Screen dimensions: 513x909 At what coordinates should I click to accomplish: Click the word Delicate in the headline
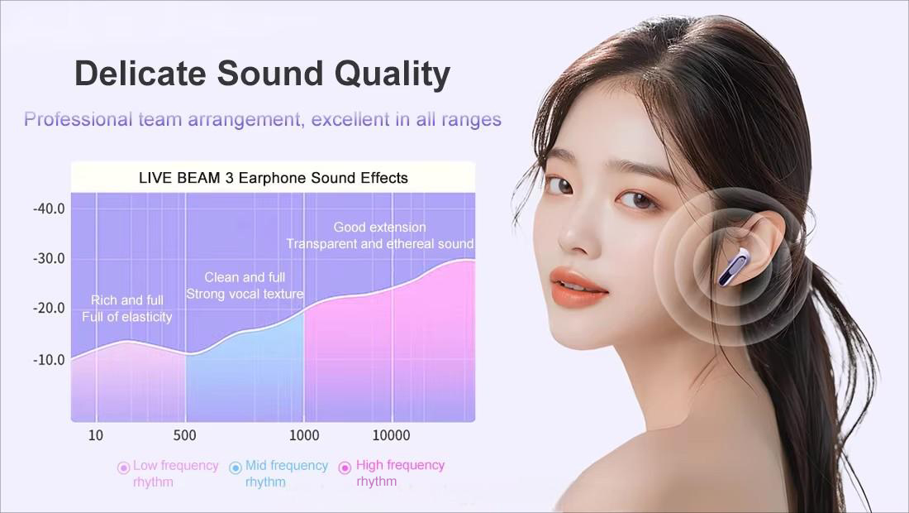(x=140, y=74)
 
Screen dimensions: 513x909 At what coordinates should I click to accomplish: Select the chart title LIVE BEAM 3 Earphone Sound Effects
(x=272, y=178)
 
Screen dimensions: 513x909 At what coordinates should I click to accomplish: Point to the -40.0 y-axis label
(x=49, y=209)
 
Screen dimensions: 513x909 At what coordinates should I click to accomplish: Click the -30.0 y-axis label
(x=49, y=259)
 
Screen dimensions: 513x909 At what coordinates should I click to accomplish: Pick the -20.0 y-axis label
(x=49, y=309)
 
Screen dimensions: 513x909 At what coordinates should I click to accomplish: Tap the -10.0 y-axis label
(x=49, y=360)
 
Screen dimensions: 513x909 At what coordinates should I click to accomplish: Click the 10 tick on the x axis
(x=96, y=436)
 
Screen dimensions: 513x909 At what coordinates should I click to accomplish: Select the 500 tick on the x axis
(x=185, y=436)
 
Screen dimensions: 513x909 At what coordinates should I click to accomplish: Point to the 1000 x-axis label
(x=304, y=436)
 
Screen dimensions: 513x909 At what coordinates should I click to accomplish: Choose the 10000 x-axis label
(x=391, y=436)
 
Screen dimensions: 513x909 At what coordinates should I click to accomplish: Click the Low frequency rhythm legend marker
(x=124, y=467)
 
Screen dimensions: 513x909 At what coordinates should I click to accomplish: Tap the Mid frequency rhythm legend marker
(x=236, y=467)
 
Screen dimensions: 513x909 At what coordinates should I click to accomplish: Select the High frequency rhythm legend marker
(x=345, y=467)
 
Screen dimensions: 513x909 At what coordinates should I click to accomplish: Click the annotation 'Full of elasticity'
(x=127, y=317)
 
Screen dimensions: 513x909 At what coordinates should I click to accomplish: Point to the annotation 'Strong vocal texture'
(x=245, y=294)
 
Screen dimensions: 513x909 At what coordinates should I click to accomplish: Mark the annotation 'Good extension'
(x=379, y=228)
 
